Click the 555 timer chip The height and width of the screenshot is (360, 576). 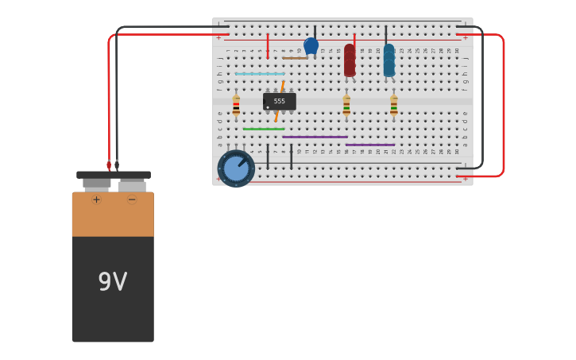pos(280,102)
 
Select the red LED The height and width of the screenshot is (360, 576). pos(350,60)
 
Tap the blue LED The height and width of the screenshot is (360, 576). pos(389,61)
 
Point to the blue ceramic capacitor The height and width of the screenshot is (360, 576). pos(311,45)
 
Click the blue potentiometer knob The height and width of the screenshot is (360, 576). pos(236,168)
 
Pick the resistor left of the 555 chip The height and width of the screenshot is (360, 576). pos(236,106)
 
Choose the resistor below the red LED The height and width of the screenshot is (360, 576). pos(346,106)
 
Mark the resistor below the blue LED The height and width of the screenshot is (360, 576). pos(393,106)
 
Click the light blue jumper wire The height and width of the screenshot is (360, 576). pos(259,74)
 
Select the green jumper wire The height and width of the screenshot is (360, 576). pos(263,129)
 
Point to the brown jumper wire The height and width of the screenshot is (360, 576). pos(295,58)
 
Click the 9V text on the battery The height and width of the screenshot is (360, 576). pos(113,281)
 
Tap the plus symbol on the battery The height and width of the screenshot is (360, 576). pos(96,199)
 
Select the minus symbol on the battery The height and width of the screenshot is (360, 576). pos(132,199)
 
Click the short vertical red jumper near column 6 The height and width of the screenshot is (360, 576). pos(268,45)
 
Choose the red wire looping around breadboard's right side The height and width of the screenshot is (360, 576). pos(503,103)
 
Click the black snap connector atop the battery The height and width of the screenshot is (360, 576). pos(114,175)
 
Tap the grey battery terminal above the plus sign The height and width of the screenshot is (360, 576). pos(96,184)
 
